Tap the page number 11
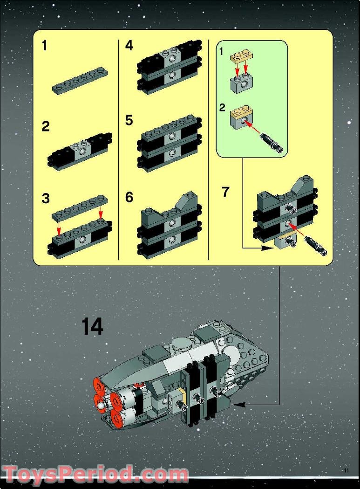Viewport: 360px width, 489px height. click(346, 470)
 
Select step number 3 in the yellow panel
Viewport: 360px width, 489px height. click(45, 199)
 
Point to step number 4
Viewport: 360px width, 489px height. click(129, 46)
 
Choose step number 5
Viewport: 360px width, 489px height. click(129, 121)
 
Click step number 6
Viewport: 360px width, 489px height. click(129, 198)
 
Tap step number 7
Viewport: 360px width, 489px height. click(225, 192)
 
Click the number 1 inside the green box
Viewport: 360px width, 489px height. click(222, 52)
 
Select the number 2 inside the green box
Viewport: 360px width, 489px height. click(222, 108)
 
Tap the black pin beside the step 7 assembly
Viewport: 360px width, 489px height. click(315, 246)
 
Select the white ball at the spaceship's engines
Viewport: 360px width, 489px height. click(101, 406)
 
